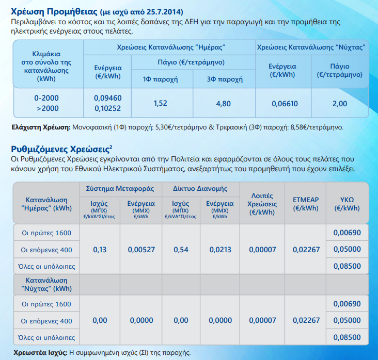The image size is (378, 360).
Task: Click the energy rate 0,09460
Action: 107,98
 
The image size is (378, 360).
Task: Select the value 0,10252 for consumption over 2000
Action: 107,108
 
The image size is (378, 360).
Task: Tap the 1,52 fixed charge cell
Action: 160,103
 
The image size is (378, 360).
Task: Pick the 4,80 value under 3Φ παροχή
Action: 223,104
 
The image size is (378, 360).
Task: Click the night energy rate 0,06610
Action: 285,104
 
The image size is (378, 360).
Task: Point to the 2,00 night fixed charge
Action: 340,104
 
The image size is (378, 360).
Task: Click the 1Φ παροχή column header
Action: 160,79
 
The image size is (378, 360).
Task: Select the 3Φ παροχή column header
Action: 225,79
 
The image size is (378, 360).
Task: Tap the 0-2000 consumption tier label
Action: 46,98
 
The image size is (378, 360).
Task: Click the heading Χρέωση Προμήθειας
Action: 54,11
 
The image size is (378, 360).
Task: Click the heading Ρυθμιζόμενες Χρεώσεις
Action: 60,149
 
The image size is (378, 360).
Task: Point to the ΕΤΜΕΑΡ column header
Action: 306,204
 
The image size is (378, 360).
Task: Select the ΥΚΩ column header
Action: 347,204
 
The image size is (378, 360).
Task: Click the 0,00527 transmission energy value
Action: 141,250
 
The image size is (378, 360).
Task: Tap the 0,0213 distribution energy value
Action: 220,250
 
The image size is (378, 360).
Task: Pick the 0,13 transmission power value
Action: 100,250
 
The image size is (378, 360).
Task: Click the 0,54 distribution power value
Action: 181,250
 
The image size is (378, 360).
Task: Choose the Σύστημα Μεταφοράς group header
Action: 120,189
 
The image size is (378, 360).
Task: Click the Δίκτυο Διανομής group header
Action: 200,189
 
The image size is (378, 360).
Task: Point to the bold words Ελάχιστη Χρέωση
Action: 41,127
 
